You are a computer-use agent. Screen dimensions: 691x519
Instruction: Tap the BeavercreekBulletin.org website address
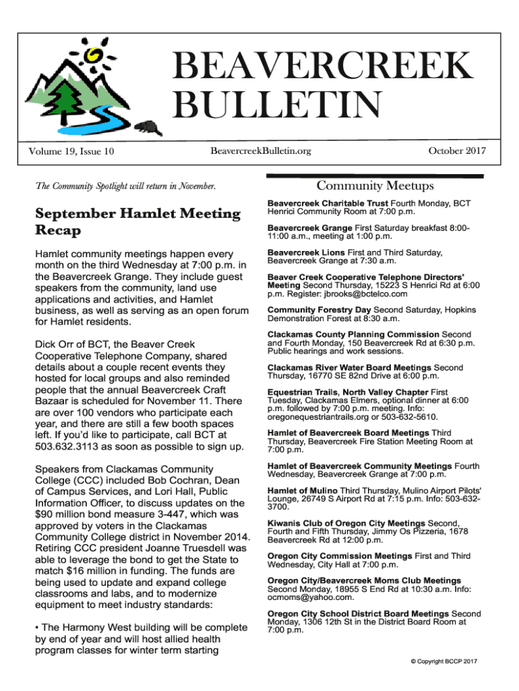coord(261,150)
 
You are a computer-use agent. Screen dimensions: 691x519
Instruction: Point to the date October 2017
coord(457,150)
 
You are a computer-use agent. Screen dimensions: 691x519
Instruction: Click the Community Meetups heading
coord(375,186)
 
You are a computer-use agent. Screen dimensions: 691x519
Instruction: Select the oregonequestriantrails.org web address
coord(315,417)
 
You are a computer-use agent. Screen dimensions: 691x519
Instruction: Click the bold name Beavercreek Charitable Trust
coord(328,202)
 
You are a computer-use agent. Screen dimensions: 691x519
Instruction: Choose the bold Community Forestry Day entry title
coord(319,310)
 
